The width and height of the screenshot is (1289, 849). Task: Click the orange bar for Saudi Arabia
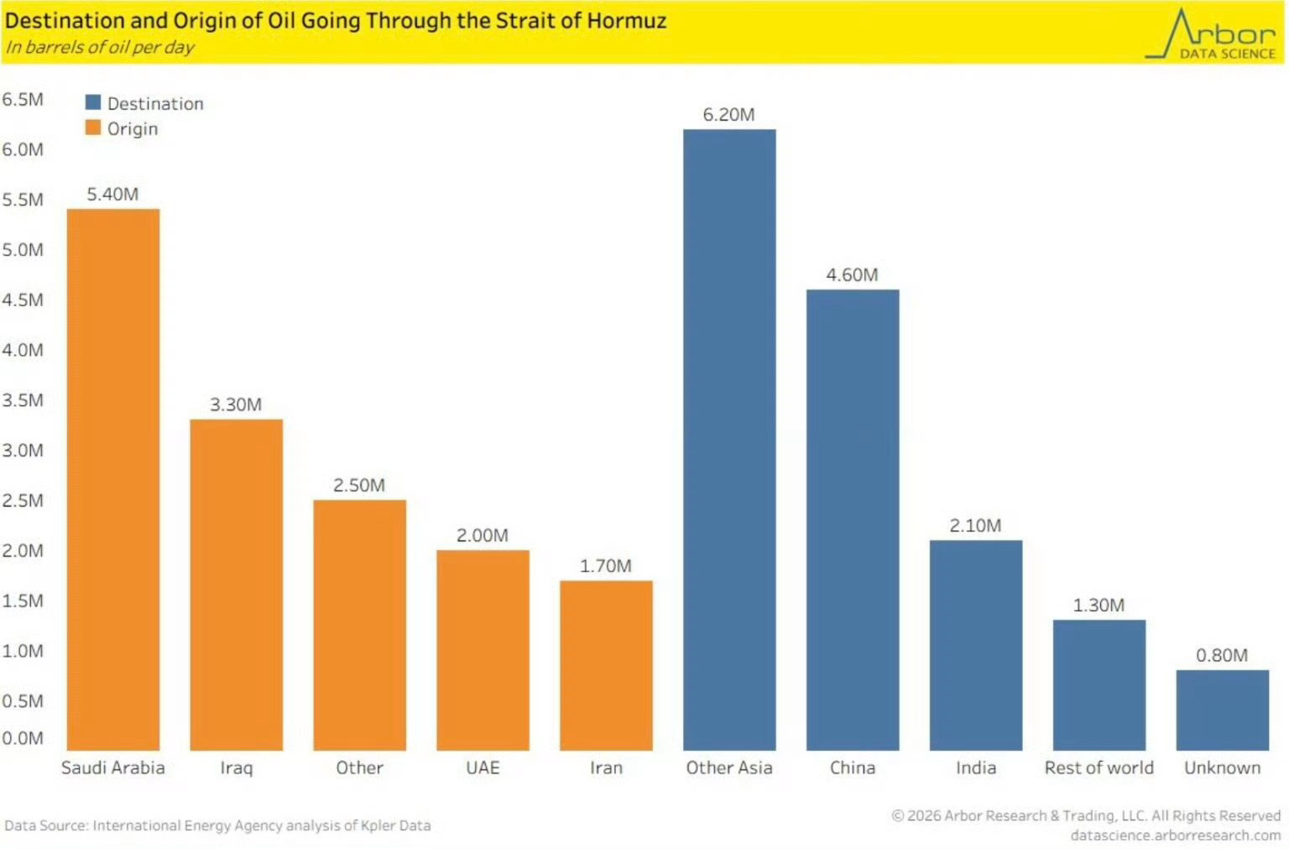[113, 478]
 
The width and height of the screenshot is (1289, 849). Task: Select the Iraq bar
[236, 584]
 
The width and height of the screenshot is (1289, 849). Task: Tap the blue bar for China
[852, 519]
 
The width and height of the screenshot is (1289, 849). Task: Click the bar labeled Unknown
[1222, 710]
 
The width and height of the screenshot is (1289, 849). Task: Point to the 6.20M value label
[728, 114]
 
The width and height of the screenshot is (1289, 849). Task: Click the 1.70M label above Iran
[605, 565]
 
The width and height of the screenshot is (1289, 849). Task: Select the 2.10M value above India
[975, 525]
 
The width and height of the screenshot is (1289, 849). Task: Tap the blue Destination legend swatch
[93, 102]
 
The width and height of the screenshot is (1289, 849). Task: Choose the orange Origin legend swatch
[93, 128]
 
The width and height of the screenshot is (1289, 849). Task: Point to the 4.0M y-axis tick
[23, 350]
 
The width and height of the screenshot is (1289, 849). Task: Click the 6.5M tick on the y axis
[23, 99]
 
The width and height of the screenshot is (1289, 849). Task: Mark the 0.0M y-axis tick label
[23, 738]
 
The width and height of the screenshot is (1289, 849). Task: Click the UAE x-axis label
[483, 768]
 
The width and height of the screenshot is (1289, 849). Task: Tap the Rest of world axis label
[1099, 768]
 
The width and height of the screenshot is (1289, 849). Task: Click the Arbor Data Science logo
[1212, 35]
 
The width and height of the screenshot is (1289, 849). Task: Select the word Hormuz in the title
[626, 20]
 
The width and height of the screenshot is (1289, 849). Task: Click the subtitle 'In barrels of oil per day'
[100, 47]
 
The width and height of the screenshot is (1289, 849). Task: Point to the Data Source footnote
[217, 826]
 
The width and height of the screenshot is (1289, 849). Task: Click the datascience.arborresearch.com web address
[1175, 836]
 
